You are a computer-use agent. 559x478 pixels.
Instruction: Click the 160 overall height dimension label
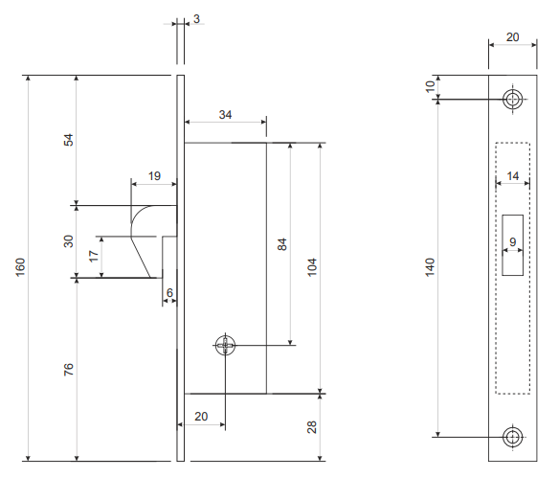pos(21,267)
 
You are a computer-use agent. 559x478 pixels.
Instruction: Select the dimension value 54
pos(69,140)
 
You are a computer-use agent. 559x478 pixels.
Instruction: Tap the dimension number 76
pos(69,370)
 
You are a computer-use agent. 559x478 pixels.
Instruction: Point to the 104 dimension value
pos(312,267)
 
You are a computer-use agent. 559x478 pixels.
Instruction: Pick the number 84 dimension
pos(282,244)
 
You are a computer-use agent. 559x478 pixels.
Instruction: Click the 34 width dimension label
pos(225,115)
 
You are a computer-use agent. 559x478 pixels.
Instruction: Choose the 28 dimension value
pos(312,427)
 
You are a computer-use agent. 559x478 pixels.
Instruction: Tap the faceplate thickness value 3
pos(196,19)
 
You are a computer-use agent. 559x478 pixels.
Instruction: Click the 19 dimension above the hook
pos(154,176)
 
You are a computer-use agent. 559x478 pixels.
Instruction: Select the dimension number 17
pos(94,256)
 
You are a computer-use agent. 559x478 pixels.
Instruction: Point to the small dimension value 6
pos(169,293)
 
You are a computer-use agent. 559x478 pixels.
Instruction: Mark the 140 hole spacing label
pos(431,267)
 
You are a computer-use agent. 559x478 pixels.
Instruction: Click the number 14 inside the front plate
pos(513,176)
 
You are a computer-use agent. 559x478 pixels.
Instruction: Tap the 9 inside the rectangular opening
pos(513,242)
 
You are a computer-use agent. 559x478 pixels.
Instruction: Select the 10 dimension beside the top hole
pos(431,86)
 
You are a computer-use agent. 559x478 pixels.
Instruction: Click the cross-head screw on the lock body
pos(225,345)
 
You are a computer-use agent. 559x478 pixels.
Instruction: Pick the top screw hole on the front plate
pos(513,100)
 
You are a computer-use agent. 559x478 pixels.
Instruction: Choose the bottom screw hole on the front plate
pos(513,437)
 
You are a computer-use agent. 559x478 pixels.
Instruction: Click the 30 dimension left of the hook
pos(69,241)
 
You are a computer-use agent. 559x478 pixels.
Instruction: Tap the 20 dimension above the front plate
pos(513,37)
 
